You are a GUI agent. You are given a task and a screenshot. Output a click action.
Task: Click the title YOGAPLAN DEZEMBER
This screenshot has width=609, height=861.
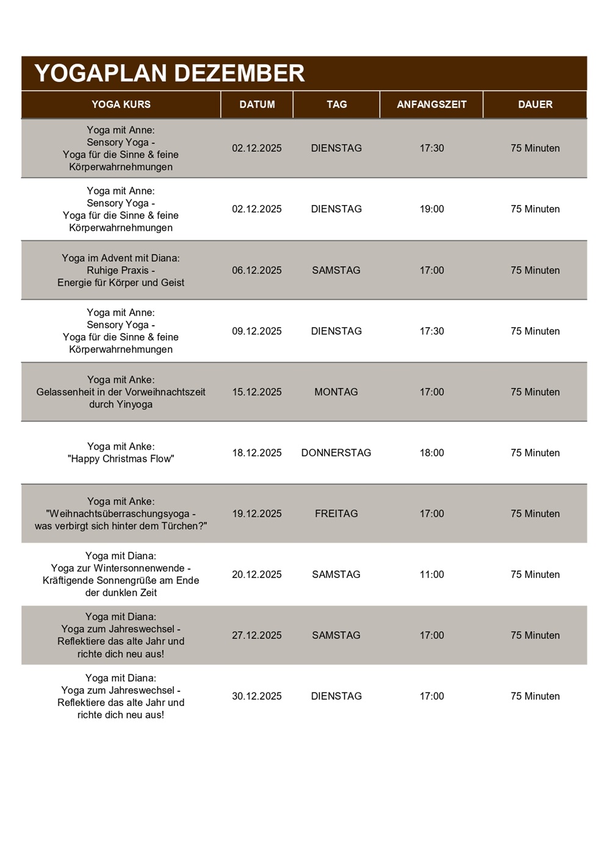[x=170, y=73]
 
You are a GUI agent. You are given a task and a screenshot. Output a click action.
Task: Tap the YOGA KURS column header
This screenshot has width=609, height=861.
[x=121, y=104]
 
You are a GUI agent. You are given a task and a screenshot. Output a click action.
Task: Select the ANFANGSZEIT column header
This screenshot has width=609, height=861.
[x=431, y=104]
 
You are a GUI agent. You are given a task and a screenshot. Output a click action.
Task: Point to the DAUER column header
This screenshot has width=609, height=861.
[x=535, y=104]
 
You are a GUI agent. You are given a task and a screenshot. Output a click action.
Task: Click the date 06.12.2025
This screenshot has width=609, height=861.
[x=257, y=270]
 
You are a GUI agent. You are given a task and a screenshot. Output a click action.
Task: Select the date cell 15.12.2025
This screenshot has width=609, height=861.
[x=257, y=392]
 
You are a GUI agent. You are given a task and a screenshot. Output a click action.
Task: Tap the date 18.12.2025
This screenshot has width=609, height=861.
[x=257, y=453]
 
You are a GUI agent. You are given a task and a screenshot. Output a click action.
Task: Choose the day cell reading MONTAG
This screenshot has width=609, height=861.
[x=336, y=392]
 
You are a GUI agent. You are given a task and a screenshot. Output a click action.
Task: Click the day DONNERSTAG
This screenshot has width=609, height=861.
[x=336, y=453]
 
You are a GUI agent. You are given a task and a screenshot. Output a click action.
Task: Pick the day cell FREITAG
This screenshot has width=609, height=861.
[x=336, y=514]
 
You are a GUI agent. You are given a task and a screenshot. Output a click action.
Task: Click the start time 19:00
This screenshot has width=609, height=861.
[x=431, y=209]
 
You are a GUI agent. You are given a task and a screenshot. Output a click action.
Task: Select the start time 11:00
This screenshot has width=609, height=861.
[x=431, y=574]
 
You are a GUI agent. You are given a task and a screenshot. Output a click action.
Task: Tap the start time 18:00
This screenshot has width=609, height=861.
[x=431, y=453]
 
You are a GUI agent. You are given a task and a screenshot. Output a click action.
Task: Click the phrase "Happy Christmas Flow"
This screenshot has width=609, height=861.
[x=121, y=459]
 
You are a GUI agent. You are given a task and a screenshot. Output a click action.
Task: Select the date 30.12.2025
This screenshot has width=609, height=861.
[x=257, y=696]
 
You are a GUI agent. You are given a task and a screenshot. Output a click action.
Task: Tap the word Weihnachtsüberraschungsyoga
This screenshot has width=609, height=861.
[x=120, y=514]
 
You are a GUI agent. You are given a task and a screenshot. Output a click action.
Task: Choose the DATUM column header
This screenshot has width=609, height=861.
[x=257, y=104]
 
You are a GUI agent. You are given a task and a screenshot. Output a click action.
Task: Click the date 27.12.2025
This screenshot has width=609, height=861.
[x=257, y=635]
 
